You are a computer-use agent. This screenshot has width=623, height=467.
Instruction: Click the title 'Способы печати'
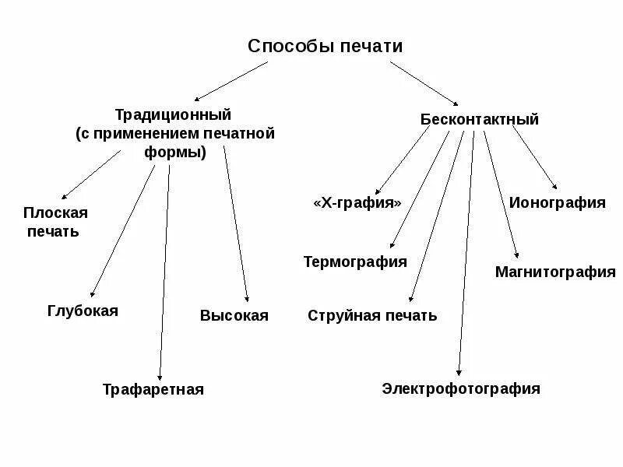tap(326, 46)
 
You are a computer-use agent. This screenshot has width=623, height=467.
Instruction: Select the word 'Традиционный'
tap(174, 114)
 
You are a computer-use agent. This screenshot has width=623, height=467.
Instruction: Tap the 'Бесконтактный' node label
tap(479, 120)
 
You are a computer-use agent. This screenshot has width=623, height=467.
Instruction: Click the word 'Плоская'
tap(55, 212)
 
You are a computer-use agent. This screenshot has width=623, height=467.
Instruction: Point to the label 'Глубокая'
tap(83, 311)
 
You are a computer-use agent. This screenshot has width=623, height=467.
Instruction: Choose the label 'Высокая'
tap(234, 315)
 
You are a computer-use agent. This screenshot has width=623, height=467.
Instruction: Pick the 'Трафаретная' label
tap(153, 390)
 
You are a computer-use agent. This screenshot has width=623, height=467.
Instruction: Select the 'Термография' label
tap(354, 262)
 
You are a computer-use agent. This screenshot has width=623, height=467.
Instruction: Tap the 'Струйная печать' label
tap(372, 315)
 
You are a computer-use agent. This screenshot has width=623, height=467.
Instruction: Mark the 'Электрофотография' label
tap(460, 388)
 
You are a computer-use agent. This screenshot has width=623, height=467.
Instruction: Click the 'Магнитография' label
tap(554, 272)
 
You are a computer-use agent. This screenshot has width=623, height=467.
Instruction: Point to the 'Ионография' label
tap(557, 203)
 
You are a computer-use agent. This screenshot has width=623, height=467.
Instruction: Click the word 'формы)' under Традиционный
tap(175, 153)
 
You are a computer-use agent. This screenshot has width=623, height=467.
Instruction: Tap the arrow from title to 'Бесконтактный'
tap(424, 83)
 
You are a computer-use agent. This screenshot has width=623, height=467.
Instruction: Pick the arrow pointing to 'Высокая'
tap(236, 223)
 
